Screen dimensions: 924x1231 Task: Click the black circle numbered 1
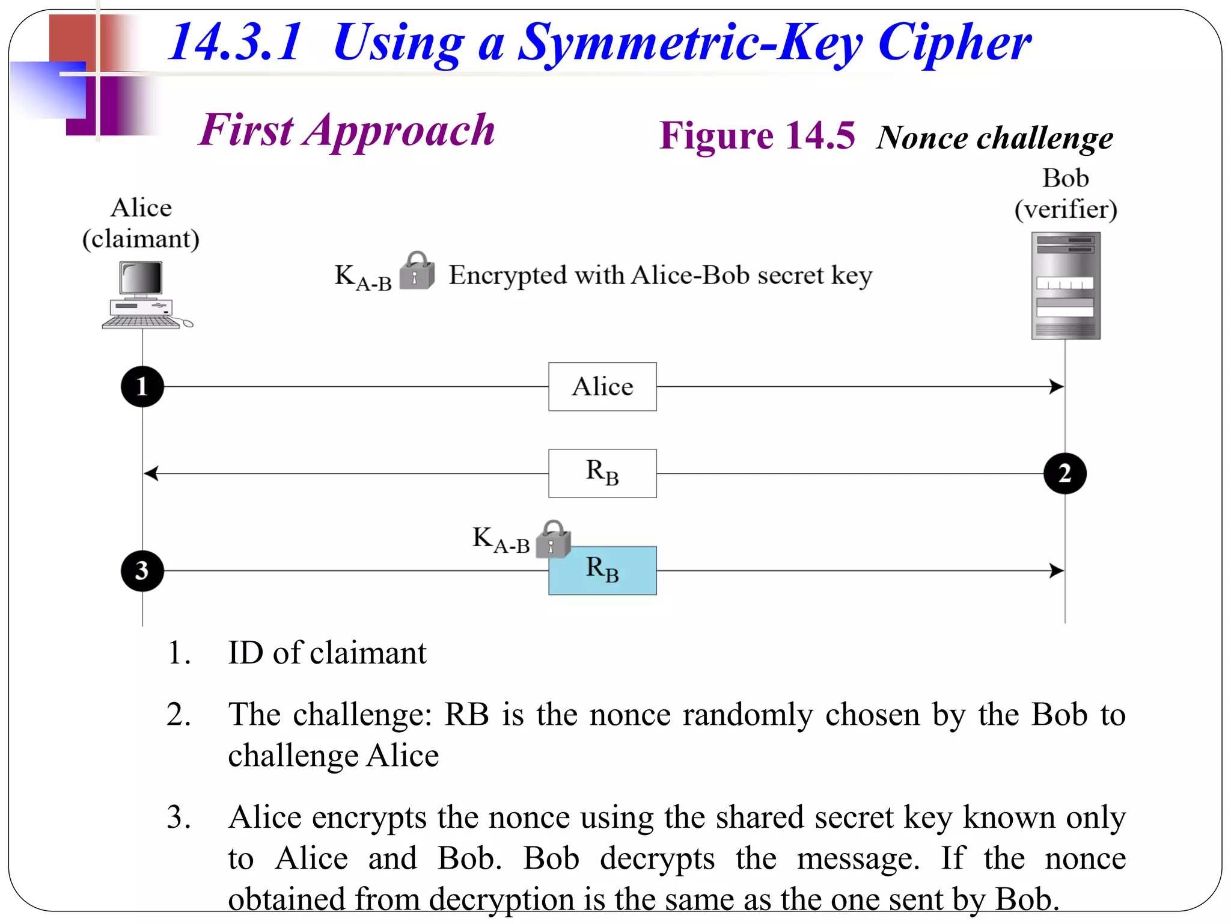(142, 387)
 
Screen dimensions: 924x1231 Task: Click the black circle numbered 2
(1065, 473)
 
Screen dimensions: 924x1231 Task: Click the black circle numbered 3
(142, 571)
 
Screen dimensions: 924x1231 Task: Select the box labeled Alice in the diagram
(602, 387)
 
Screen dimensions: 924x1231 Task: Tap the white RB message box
(602, 473)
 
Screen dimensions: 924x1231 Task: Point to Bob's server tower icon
(1066, 286)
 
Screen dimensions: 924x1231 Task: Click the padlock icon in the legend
(417, 271)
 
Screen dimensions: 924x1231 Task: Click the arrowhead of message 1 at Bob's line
(1056, 387)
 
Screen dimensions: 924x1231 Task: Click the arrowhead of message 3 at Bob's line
(1056, 571)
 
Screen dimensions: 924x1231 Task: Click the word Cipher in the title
(954, 43)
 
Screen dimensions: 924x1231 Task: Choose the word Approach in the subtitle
(399, 131)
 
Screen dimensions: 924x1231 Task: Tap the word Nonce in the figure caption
(923, 138)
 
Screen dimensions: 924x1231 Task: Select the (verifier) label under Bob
(1066, 209)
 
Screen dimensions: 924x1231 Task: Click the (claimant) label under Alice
(141, 239)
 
